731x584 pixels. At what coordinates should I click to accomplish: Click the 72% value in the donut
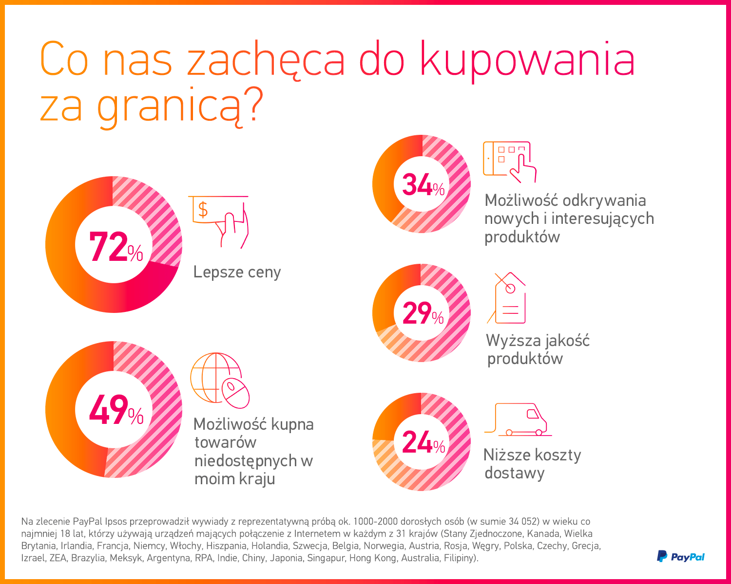[x=115, y=247]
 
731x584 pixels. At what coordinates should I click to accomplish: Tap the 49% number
[x=115, y=410]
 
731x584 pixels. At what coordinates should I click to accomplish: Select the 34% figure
[x=423, y=185]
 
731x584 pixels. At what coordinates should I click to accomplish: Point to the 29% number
[x=423, y=313]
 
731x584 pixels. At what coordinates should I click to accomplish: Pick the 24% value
[x=423, y=443]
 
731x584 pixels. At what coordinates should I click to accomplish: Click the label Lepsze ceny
[x=237, y=272]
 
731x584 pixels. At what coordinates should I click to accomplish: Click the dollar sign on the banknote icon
[x=203, y=210]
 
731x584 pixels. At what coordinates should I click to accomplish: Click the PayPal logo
[x=680, y=556]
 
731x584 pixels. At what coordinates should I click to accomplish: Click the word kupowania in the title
[x=528, y=60]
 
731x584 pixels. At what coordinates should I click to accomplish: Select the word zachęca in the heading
[x=266, y=60]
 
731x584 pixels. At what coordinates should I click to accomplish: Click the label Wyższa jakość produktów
[x=537, y=349]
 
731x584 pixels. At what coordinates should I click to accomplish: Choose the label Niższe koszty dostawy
[x=532, y=464]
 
